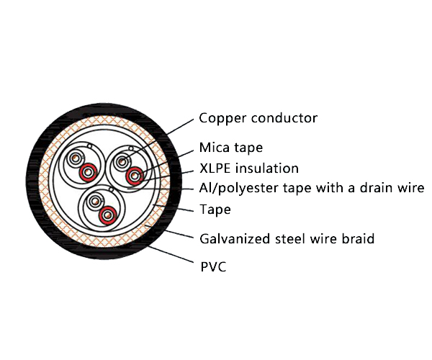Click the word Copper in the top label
coord(220,118)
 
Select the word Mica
coord(214,148)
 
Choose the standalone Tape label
coord(215,210)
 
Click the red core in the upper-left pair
coord(88,172)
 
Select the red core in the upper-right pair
coord(134,176)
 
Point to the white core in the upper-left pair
coord(75,160)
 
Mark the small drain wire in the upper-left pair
coord(89,150)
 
